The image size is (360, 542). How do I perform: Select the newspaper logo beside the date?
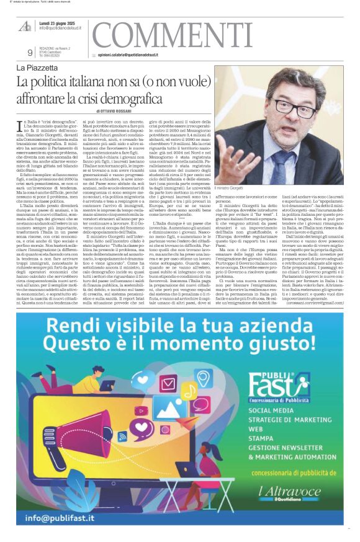(25, 25)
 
